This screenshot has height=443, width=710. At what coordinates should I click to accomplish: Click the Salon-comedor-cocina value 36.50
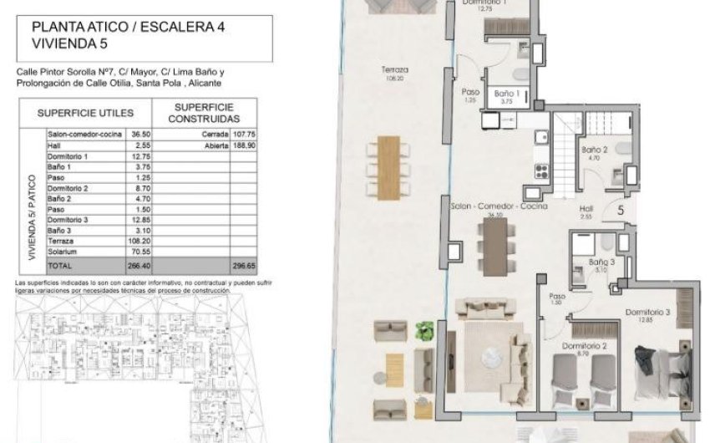click(x=140, y=134)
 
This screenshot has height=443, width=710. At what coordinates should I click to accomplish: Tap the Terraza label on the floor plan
click(x=394, y=70)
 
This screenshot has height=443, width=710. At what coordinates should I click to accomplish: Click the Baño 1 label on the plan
click(x=508, y=94)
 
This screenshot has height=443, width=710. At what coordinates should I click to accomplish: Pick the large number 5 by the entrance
click(x=621, y=211)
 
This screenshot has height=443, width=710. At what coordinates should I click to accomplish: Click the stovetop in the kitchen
click(x=540, y=171)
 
